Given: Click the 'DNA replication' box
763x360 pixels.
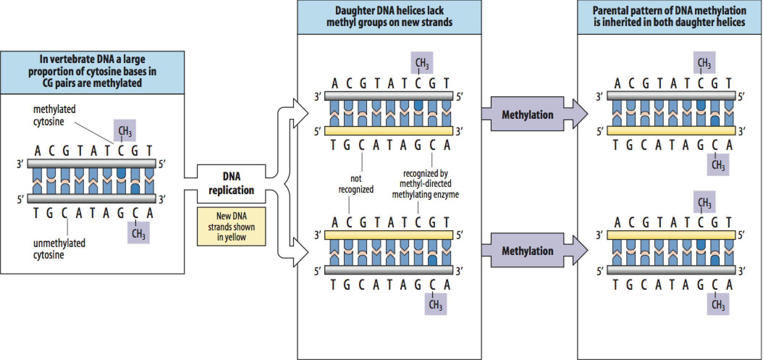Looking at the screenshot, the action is click(x=231, y=184).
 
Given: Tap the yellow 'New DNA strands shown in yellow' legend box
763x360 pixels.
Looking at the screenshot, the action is click(x=231, y=227).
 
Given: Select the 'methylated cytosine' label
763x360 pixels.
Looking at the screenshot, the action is click(x=54, y=115).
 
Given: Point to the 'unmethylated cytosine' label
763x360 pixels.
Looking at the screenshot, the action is click(x=59, y=249).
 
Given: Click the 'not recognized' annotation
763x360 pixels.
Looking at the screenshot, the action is click(x=356, y=184).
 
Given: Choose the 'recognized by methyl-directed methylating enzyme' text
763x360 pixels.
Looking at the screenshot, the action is click(x=425, y=184).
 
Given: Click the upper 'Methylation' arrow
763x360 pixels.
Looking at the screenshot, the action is click(x=534, y=114).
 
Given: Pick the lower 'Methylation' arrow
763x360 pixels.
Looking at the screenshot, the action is click(x=534, y=250).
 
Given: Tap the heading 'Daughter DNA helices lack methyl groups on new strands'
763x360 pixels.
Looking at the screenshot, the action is click(x=389, y=17).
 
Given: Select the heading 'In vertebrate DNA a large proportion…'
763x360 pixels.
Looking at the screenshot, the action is click(x=92, y=71).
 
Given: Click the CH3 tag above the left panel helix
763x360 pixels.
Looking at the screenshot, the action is click(x=125, y=130).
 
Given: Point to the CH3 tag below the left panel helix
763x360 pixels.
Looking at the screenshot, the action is click(x=139, y=233).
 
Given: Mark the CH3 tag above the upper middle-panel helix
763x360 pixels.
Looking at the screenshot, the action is click(x=422, y=63).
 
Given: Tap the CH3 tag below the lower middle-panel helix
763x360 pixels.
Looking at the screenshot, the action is click(x=436, y=304).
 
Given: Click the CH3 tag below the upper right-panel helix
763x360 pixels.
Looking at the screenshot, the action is click(x=718, y=165).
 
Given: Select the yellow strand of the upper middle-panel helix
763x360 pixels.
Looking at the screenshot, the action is click(x=389, y=131).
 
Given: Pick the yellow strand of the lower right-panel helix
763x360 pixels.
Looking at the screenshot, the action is click(x=671, y=235).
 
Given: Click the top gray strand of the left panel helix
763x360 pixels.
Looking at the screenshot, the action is click(x=92, y=163).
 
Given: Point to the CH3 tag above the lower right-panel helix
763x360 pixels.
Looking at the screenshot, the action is click(x=704, y=202).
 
